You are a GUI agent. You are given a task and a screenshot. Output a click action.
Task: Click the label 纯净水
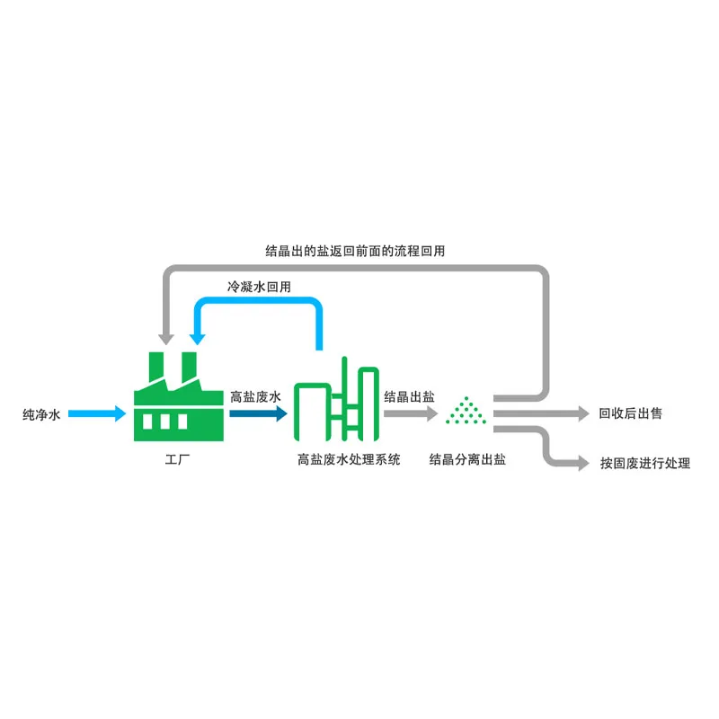click(41, 415)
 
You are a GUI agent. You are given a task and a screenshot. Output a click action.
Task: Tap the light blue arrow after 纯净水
click(98, 414)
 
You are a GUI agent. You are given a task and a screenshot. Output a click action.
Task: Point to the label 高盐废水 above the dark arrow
click(256, 396)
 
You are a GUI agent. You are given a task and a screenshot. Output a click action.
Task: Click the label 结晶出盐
click(409, 396)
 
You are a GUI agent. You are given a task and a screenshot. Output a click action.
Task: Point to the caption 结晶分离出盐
click(467, 459)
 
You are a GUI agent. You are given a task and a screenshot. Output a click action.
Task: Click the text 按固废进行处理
click(645, 464)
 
